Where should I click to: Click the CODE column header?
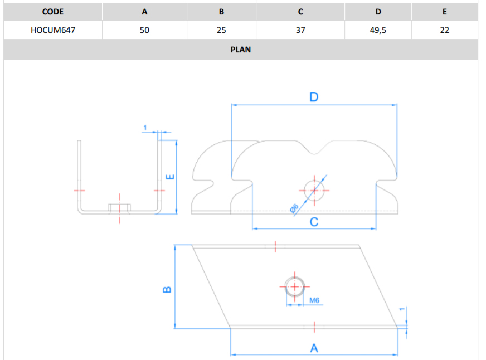tap(53, 12)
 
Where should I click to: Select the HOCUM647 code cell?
tap(53, 30)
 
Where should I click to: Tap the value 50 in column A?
tap(144, 30)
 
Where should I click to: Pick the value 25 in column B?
tap(221, 30)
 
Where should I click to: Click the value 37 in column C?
tap(300, 30)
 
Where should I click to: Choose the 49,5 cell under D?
tap(378, 30)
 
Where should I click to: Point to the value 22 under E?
tap(444, 30)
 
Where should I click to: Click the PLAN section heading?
tap(241, 50)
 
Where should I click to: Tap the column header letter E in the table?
tap(444, 12)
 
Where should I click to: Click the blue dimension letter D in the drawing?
tap(314, 97)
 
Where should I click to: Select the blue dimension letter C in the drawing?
tap(314, 222)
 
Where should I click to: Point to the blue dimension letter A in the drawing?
tap(314, 348)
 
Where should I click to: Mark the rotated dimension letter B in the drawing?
tap(166, 289)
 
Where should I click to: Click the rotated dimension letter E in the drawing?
tap(171, 177)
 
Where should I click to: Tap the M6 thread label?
tap(314, 300)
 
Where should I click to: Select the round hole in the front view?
tap(314, 189)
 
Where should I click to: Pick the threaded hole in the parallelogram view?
tap(294, 286)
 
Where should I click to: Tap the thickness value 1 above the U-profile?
tap(145, 129)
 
